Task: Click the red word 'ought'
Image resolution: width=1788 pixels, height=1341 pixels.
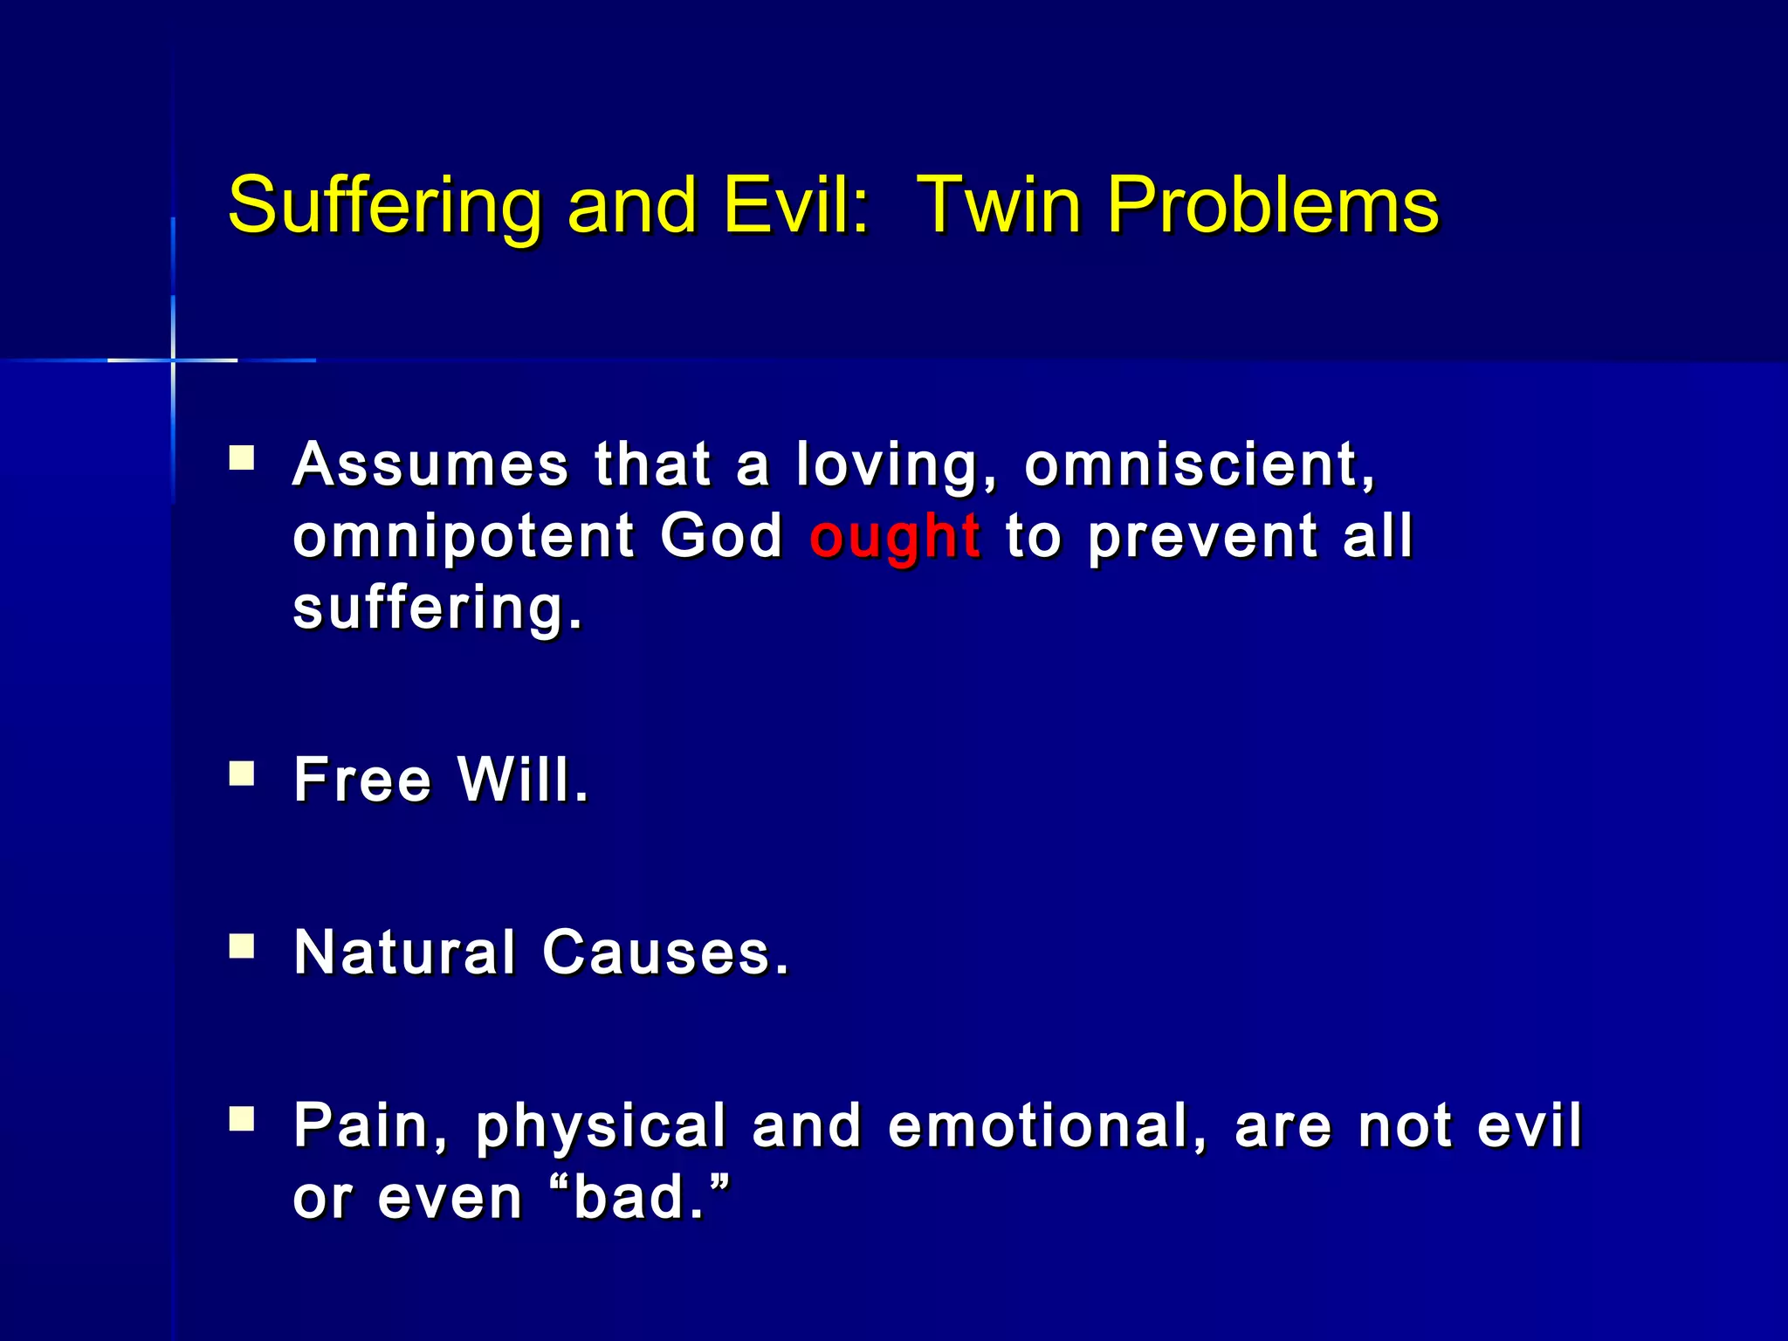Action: pos(895,536)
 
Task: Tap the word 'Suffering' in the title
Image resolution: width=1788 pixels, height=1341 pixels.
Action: pos(384,206)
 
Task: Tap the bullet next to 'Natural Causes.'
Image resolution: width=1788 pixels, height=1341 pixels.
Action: pos(242,946)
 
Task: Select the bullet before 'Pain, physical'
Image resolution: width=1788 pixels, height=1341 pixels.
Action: pos(242,1119)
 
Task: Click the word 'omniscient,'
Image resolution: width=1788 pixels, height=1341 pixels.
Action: pos(1200,464)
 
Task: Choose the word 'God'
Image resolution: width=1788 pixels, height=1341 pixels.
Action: pos(721,536)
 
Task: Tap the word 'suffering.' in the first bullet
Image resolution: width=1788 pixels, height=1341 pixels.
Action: pos(437,609)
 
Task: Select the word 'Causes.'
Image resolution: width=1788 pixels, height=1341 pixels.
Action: pos(665,952)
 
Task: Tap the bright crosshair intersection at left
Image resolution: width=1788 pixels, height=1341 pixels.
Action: pos(173,360)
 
